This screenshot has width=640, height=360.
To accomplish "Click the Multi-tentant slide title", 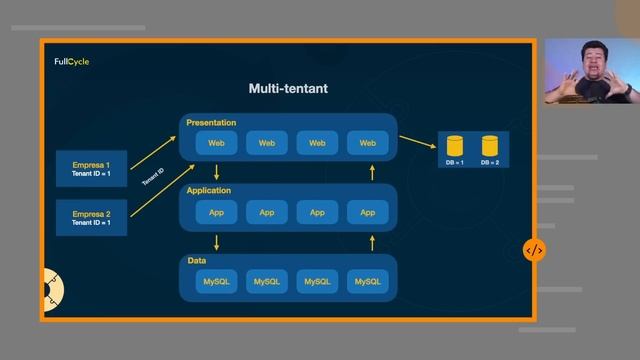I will [288, 89].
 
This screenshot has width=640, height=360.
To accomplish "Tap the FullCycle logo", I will [72, 62].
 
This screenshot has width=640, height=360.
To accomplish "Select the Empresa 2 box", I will [91, 217].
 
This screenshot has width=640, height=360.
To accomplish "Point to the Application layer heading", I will [209, 190].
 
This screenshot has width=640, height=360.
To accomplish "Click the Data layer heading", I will [197, 260].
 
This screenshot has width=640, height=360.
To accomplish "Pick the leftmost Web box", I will [216, 143].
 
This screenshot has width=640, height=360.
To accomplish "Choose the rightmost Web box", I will [367, 143].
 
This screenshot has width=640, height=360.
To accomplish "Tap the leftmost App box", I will [216, 212].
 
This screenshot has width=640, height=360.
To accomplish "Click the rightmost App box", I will [367, 212].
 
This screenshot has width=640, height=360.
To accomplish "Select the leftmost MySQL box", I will [216, 282].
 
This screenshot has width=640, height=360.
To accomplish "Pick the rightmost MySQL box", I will [367, 282].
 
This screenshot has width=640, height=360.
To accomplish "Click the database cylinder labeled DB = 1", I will [455, 146].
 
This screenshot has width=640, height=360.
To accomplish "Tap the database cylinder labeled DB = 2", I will [489, 146].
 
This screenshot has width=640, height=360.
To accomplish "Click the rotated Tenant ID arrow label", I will [152, 177].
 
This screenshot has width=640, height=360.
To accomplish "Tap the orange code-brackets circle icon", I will [534, 251].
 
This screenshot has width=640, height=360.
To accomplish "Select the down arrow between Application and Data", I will [217, 242].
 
